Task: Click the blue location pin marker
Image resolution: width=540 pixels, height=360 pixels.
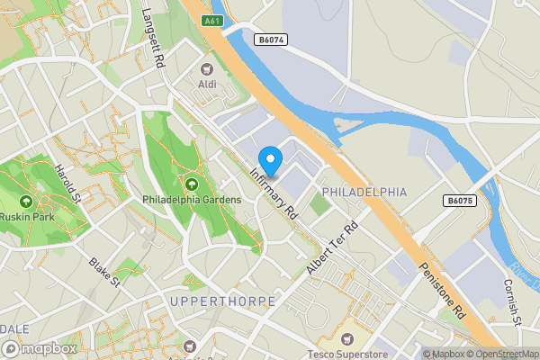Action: point(270,160)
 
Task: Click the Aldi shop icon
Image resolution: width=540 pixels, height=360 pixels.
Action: point(207,68)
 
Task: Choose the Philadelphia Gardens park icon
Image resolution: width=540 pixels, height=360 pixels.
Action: point(191,184)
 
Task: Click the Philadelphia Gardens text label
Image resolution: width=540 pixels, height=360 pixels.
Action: point(191,199)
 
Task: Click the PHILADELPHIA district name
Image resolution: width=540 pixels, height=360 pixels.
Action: point(364,193)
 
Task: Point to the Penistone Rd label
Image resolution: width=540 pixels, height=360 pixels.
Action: point(442,291)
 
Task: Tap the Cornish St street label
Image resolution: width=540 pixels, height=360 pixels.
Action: point(513,304)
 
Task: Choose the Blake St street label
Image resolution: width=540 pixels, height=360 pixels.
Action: point(104,273)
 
